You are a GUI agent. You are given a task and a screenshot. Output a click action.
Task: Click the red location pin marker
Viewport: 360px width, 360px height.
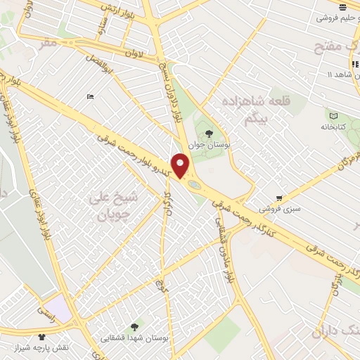click(x=181, y=166)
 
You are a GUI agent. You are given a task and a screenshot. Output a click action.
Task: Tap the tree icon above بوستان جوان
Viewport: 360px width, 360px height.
click(x=208, y=132)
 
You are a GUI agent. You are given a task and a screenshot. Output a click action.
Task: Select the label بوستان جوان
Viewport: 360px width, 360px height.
click(x=209, y=144)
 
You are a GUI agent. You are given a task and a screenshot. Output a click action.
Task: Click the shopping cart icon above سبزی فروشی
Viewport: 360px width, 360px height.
click(x=279, y=198)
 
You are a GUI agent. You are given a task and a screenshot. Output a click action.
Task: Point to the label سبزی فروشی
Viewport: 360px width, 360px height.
click(x=279, y=209)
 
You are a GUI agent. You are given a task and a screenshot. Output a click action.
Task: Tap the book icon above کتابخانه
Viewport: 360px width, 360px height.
click(x=334, y=115)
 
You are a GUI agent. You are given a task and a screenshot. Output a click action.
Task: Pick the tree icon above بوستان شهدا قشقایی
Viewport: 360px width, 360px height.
click(x=134, y=326)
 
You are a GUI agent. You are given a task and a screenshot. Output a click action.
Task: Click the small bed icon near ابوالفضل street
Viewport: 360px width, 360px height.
click(x=89, y=96)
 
